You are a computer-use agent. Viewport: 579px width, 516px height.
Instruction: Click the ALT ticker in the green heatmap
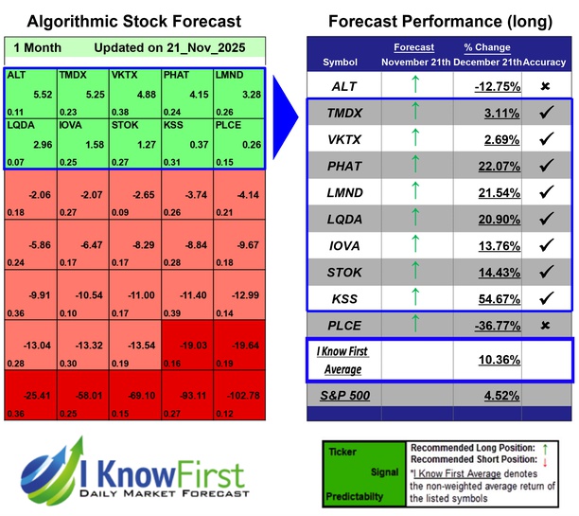(x=16, y=74)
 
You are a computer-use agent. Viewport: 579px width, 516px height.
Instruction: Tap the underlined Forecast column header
(x=413, y=47)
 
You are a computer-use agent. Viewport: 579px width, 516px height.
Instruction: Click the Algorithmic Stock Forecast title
(x=133, y=21)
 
